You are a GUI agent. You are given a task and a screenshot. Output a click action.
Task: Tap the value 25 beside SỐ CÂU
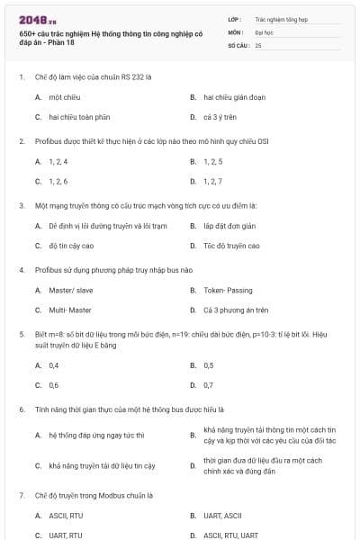tap(258, 44)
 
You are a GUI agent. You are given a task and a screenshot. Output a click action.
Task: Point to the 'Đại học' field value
tap(265, 31)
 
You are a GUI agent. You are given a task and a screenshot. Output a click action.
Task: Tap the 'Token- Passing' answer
tap(229, 290)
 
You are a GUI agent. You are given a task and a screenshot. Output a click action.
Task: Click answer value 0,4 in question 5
tap(54, 365)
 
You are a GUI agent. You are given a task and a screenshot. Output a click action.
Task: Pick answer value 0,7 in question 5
tap(209, 385)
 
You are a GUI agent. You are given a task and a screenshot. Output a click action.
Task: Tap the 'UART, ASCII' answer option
tap(222, 515)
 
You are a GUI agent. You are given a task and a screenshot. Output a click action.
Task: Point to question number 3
tap(22, 204)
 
